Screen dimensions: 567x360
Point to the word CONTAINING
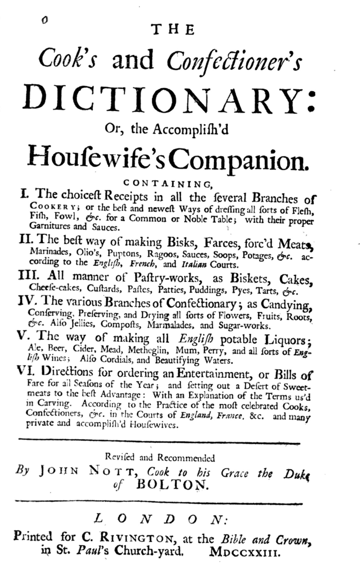click(x=167, y=183)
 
